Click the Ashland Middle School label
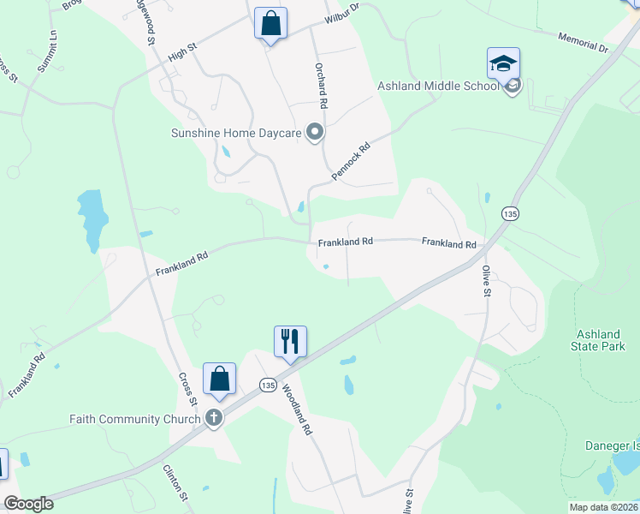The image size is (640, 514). tap(439, 86)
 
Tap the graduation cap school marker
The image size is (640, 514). tap(503, 63)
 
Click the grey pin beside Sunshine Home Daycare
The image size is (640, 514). tap(315, 132)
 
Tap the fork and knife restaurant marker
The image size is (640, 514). tap(290, 342)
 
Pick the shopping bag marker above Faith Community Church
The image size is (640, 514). tap(220, 379)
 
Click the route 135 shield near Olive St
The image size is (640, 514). tap(511, 213)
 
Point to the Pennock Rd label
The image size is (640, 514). tap(352, 161)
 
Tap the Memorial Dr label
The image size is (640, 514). tap(582, 44)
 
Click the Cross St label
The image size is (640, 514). tap(187, 389)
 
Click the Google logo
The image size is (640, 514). tap(28, 504)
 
